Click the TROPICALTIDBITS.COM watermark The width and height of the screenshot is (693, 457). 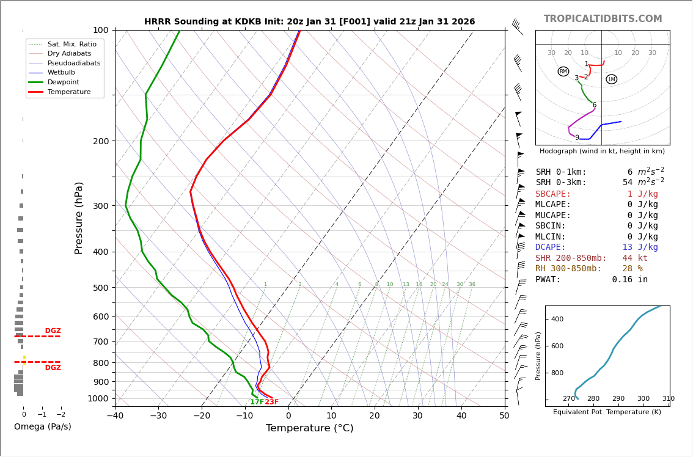click(603, 19)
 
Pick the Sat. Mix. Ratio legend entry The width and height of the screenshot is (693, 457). click(71, 44)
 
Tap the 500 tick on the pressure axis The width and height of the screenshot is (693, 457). click(100, 288)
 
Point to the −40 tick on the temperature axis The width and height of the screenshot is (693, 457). click(115, 417)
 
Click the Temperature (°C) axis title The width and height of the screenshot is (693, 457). click(310, 428)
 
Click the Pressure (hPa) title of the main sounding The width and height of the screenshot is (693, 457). click(79, 218)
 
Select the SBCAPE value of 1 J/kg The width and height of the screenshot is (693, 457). click(634, 194)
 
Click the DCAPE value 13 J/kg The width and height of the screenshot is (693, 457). click(631, 247)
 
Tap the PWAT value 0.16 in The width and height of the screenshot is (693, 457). click(629, 280)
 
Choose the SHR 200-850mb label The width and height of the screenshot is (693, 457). click(571, 258)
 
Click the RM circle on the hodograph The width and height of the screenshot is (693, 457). click(563, 71)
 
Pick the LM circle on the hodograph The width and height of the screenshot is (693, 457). click(611, 79)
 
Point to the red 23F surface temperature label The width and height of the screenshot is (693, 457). click(271, 402)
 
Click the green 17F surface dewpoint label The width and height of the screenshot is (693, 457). click(257, 402)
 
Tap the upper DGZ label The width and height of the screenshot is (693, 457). click(53, 331)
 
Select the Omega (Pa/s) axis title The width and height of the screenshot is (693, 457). click(43, 427)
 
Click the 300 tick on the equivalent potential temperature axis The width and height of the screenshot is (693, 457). click(643, 399)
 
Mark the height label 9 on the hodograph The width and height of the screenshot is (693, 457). click(577, 138)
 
